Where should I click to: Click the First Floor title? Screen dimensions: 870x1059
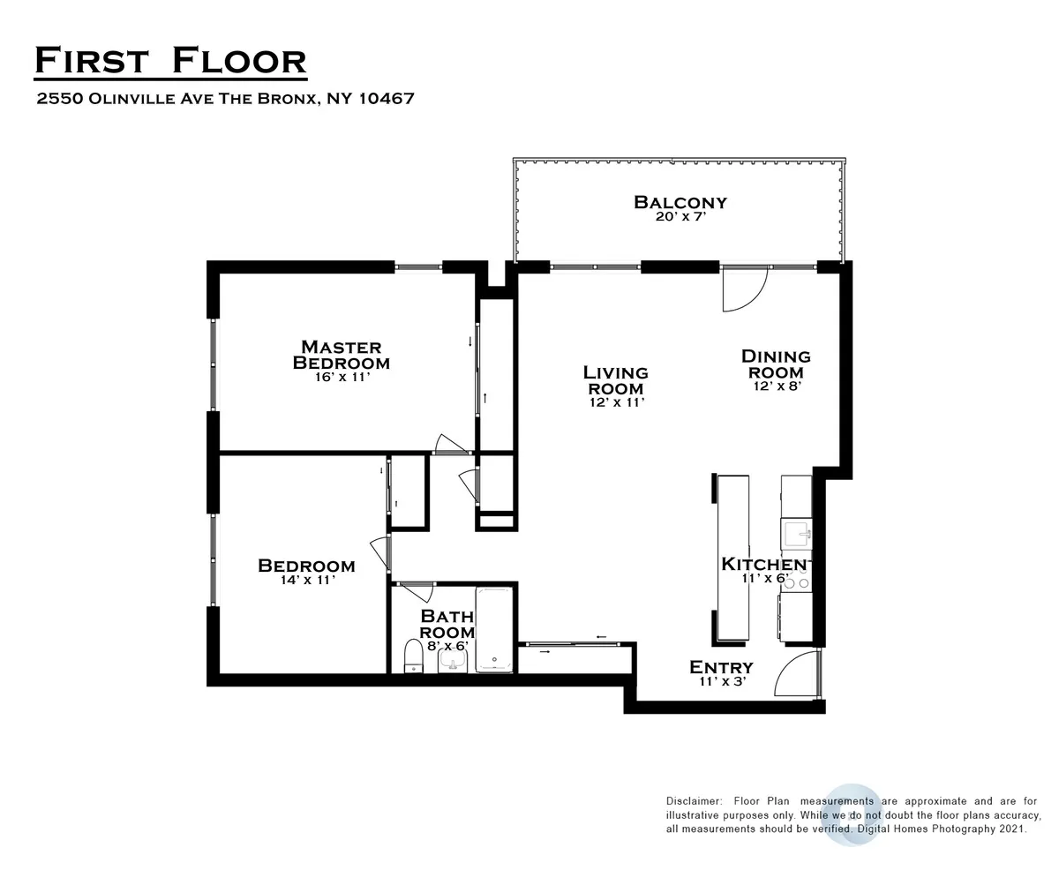pos(170,61)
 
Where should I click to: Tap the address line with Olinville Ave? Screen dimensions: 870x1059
pos(225,99)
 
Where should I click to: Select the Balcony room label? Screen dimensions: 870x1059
pos(680,202)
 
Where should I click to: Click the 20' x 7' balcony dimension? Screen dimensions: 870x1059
pos(680,217)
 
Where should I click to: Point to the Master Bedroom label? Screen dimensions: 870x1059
pos(342,354)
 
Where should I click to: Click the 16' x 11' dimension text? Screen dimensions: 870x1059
pos(342,377)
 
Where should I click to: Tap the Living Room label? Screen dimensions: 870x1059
pos(615,380)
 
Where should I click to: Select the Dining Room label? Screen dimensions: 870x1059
pos(775,364)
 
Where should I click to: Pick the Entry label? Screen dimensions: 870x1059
pos(721,667)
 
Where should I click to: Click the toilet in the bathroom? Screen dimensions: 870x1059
pos(412,656)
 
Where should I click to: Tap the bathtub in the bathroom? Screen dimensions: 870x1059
pos(494,629)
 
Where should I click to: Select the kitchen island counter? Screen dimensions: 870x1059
pos(732,558)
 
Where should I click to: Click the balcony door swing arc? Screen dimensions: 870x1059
pos(743,290)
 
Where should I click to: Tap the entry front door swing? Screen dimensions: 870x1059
pos(796,675)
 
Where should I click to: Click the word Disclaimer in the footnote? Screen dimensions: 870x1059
pos(691,800)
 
